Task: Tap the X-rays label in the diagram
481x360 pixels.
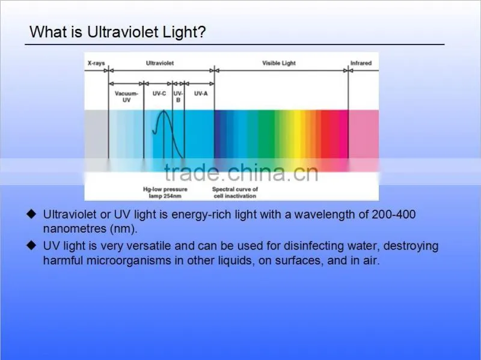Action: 96,63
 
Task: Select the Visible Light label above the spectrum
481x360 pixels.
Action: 279,63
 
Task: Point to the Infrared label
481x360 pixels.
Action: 361,63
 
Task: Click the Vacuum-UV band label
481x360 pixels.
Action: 126,97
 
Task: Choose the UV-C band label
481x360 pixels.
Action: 159,94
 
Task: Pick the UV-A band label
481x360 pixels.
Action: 201,94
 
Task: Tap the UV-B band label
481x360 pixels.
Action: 178,97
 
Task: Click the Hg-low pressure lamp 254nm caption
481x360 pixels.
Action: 165,192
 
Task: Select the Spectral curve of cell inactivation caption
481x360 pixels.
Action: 235,192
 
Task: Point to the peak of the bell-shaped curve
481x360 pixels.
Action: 164,111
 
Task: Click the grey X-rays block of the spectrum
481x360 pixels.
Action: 96,134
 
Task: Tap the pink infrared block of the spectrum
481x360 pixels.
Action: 364,134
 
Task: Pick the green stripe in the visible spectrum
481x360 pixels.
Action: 266,134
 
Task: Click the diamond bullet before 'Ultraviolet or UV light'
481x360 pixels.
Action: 31,214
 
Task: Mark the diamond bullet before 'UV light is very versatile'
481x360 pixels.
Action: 31,245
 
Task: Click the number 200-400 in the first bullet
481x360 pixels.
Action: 394,215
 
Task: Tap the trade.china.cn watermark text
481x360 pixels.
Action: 241,172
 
